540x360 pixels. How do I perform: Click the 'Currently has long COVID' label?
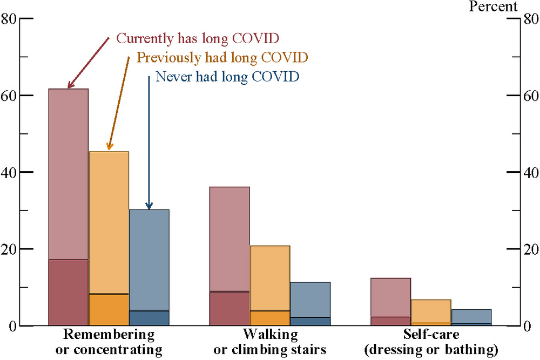point(198,39)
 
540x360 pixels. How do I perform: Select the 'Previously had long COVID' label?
point(222,57)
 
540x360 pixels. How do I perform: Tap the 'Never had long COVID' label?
point(227,76)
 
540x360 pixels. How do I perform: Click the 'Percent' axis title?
point(493,6)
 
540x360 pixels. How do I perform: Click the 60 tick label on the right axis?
point(529,96)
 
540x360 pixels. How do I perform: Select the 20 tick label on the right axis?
point(529,249)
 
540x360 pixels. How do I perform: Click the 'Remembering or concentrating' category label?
point(109,342)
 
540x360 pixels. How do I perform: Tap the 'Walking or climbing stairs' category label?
point(270,342)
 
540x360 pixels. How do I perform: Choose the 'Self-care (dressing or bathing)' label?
point(431,342)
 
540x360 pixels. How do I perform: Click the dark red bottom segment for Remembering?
point(69,293)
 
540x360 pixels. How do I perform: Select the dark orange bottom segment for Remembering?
point(109,310)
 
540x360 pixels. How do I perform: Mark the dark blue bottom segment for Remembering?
point(149,318)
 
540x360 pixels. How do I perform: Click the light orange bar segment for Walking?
point(270,278)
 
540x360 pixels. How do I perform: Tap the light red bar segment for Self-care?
point(391,297)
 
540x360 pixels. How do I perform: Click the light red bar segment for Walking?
point(230,239)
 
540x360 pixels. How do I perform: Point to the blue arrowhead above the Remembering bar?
point(149,206)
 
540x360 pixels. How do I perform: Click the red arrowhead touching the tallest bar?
point(71,85)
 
